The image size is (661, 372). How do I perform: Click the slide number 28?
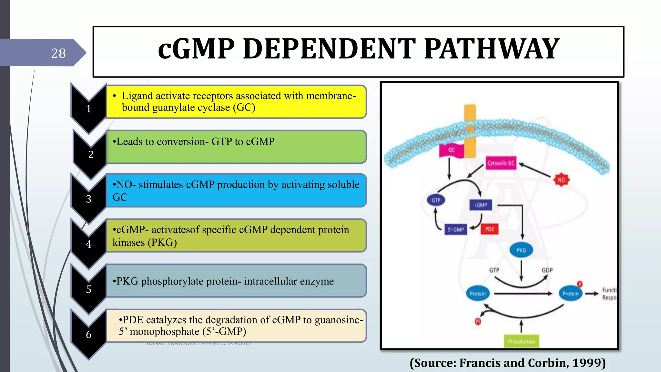pos(58,53)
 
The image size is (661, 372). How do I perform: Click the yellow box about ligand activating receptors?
pos(236,102)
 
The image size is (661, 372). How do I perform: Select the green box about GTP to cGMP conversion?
pos(236,147)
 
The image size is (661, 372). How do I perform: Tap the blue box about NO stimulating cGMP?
pos(236,191)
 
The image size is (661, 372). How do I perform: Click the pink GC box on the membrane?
pos(451,150)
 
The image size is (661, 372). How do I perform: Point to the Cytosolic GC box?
pos(501,163)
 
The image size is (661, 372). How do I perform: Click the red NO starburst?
pos(562,180)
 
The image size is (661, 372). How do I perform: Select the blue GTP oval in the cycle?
pos(436,200)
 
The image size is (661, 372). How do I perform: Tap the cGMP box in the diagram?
pos(481,205)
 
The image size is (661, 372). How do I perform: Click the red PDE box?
pos(490,229)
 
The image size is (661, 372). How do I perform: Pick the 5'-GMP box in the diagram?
pos(456,230)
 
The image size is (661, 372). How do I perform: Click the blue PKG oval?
pos(521,250)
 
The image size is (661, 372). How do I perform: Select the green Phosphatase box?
pos(521,342)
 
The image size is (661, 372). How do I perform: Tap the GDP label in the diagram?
pos(547,270)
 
